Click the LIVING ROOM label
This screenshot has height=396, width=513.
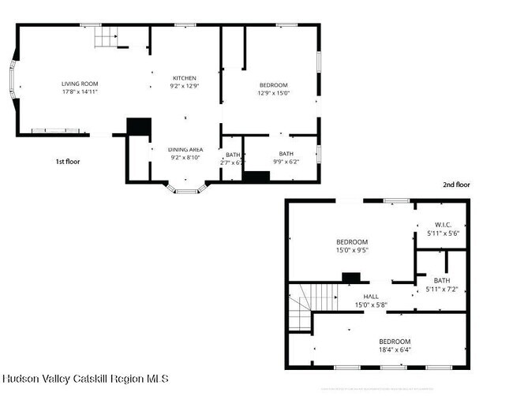[80, 84]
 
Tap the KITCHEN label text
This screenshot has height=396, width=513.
[185, 78]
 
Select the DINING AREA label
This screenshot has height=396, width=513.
[185, 149]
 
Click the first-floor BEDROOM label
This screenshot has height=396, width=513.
[274, 85]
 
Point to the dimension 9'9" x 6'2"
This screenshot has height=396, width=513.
[285, 161]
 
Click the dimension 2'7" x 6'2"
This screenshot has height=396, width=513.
[234, 162]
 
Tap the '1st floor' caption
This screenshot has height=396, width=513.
[67, 161]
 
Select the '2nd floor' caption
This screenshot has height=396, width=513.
[456, 185]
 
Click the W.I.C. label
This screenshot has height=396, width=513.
[443, 225]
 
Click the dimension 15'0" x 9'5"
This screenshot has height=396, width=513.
[352, 250]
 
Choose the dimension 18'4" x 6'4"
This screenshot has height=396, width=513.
[395, 349]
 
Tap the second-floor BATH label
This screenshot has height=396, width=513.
[442, 280]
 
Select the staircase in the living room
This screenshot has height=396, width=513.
[107, 37]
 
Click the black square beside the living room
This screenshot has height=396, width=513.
[139, 126]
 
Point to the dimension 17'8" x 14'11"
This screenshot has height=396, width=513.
[80, 92]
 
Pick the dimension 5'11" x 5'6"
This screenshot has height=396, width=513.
[443, 233]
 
